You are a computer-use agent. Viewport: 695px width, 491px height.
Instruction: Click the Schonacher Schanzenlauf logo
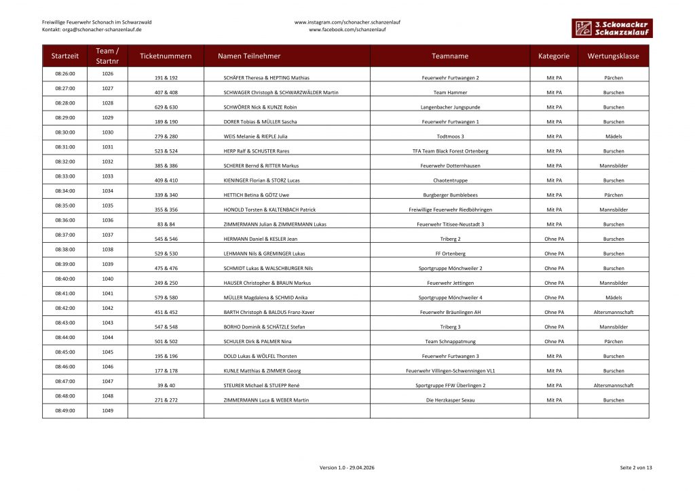[x=610, y=28]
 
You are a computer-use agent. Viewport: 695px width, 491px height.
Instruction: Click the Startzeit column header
[x=64, y=56]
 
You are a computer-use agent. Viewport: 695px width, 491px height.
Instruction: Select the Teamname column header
[x=450, y=56]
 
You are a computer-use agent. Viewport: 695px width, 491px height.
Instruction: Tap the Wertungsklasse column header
[x=613, y=56]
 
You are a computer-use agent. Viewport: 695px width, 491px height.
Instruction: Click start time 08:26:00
[x=64, y=73]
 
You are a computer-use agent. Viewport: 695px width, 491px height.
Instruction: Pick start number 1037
[x=107, y=235]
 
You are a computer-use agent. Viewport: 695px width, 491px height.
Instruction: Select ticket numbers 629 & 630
[x=166, y=107]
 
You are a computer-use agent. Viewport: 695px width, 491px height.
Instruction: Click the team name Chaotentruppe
[x=450, y=180]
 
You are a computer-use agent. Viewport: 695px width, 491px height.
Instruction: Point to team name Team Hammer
[x=450, y=92]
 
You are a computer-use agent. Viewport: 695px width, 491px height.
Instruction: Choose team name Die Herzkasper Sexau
[x=450, y=400]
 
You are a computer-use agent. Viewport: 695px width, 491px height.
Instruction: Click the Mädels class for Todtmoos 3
[x=613, y=136]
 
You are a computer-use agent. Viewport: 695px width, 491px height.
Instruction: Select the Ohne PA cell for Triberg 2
[x=554, y=239]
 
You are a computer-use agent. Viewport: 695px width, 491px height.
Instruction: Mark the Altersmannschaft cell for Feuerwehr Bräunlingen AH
[x=613, y=312]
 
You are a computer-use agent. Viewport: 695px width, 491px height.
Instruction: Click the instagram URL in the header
[x=347, y=22]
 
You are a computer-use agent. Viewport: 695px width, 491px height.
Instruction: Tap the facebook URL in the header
[x=347, y=30]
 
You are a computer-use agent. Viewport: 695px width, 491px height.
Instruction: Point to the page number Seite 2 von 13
[x=635, y=468]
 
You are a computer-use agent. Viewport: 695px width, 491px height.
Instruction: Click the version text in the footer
[x=347, y=468]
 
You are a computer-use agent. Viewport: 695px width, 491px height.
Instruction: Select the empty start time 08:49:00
[x=64, y=410]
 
